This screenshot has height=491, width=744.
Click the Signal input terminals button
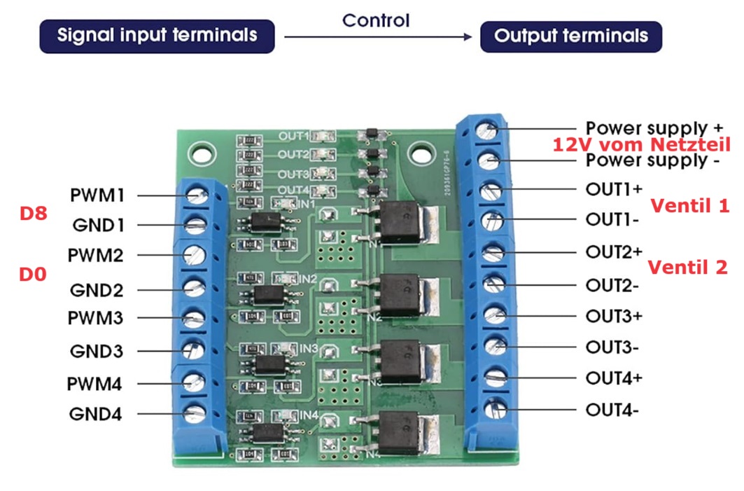pyautogui.click(x=157, y=35)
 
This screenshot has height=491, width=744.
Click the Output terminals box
pyautogui.click(x=570, y=36)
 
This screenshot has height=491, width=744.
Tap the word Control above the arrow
pyautogui.click(x=375, y=20)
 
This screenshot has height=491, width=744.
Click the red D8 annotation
pyautogui.click(x=33, y=214)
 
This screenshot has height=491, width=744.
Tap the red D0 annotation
pyautogui.click(x=33, y=275)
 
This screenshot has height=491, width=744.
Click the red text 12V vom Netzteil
pyautogui.click(x=641, y=145)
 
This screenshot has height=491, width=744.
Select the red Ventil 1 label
pyautogui.click(x=689, y=206)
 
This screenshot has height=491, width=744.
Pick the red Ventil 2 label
pyautogui.click(x=688, y=267)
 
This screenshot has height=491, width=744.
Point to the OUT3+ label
pyautogui.click(x=615, y=316)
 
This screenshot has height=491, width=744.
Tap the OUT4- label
pyautogui.click(x=612, y=409)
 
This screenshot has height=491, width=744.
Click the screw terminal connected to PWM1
pyautogui.click(x=195, y=195)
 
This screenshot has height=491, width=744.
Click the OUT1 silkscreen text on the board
pyautogui.click(x=293, y=136)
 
